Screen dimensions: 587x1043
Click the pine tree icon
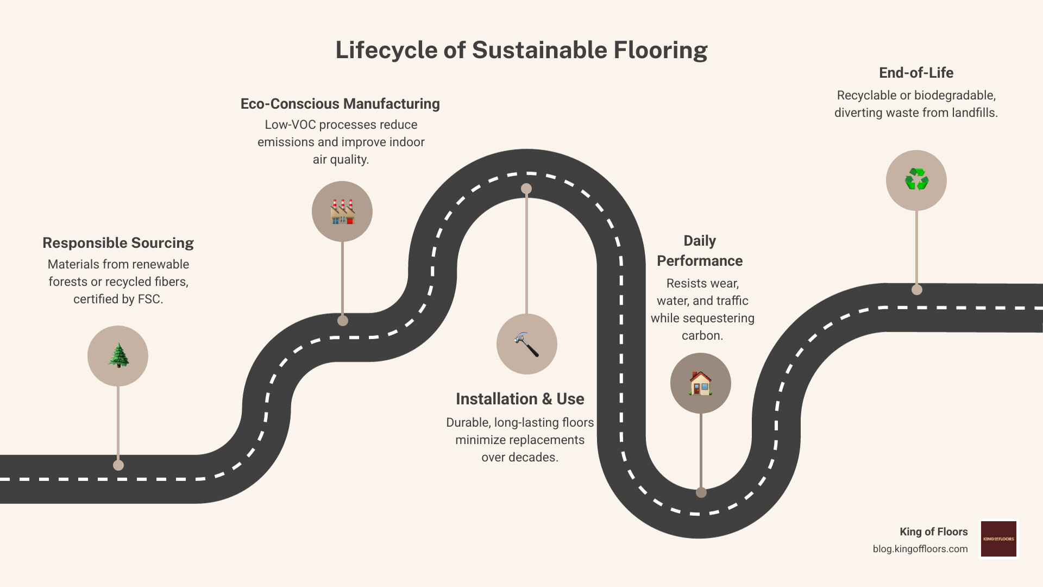[x=118, y=356]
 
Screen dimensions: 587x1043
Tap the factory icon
[x=342, y=211]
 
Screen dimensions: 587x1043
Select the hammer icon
[x=526, y=344]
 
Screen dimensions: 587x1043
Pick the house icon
[x=700, y=383]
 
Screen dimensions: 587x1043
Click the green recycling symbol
[x=916, y=180]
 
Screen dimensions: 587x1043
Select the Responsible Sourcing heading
[x=118, y=243]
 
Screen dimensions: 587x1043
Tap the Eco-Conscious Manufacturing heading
[x=340, y=104]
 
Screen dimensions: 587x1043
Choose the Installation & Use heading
[x=520, y=399]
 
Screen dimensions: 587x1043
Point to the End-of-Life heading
[x=916, y=73]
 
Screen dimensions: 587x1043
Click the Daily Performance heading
[x=700, y=251]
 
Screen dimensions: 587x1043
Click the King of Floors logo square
[x=998, y=539]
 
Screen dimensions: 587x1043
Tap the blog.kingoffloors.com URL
[x=920, y=549]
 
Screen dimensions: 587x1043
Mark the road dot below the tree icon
[x=118, y=465]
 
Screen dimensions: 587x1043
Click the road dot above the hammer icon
[x=526, y=189]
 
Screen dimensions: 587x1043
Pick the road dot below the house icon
[x=701, y=492]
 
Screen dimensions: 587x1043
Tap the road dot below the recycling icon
[x=917, y=290]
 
